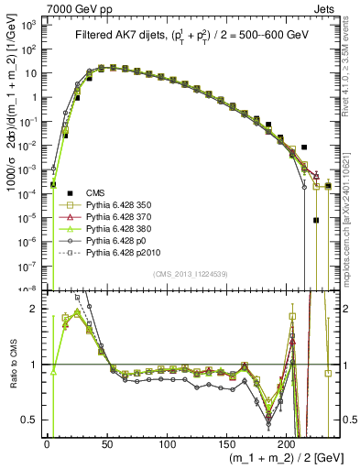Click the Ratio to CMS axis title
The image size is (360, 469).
[x=13, y=364]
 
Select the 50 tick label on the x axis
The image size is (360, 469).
[x=106, y=444]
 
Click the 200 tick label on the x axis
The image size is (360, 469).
[x=287, y=444]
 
